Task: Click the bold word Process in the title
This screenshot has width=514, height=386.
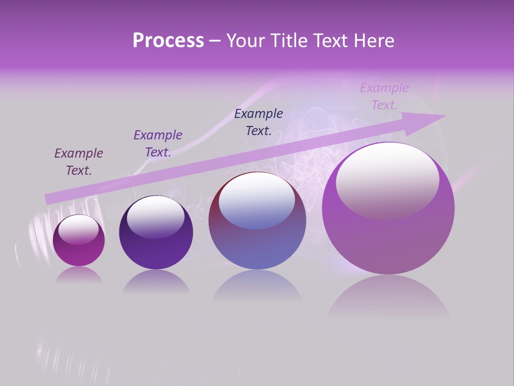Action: click(x=168, y=41)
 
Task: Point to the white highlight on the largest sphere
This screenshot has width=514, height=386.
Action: click(x=387, y=180)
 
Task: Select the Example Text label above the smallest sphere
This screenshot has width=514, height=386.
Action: click(x=79, y=162)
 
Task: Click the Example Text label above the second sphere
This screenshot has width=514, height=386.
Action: click(x=158, y=144)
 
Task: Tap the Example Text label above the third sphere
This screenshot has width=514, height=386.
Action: click(x=259, y=122)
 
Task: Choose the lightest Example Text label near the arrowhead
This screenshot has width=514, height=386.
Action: click(x=384, y=96)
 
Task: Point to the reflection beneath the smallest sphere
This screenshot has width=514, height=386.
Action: click(x=79, y=275)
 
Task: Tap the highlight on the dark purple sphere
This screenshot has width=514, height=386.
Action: click(x=156, y=217)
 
